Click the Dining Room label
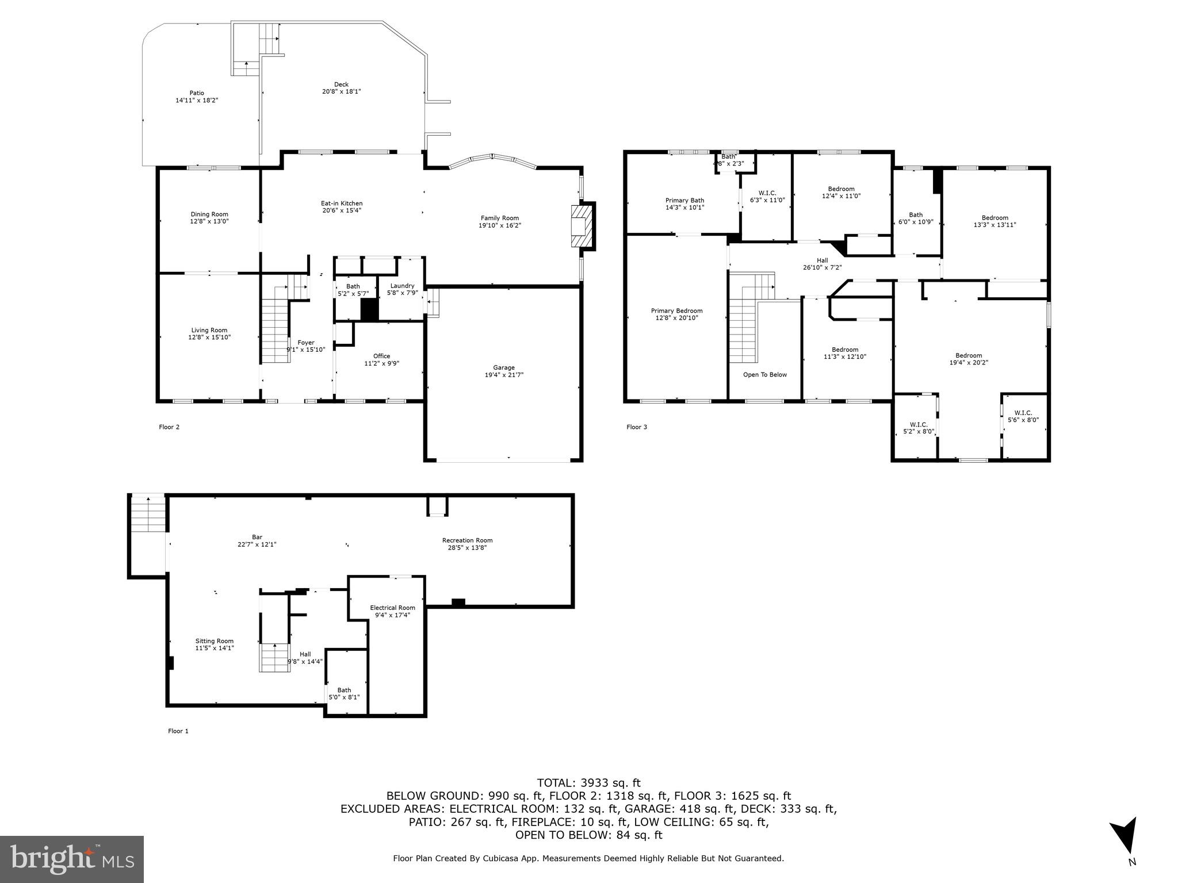[209, 214]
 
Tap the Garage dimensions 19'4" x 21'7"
[504, 375]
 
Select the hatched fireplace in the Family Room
[581, 226]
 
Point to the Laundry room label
[402, 286]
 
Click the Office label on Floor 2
[381, 356]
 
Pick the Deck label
[341, 85]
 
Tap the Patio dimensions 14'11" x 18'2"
[197, 100]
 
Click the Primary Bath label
[684, 201]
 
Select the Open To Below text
[764, 375]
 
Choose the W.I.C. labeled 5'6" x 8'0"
[1023, 416]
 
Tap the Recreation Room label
[467, 540]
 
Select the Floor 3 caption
[637, 427]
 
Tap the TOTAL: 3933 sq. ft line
[588, 782]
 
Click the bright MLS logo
[72, 859]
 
